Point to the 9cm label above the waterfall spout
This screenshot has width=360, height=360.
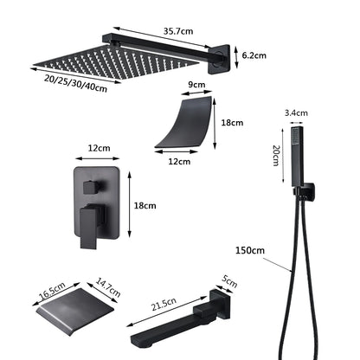coord(196,85)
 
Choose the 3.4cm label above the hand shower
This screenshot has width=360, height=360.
coord(295,112)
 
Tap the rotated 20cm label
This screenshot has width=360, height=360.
coord(276,155)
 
